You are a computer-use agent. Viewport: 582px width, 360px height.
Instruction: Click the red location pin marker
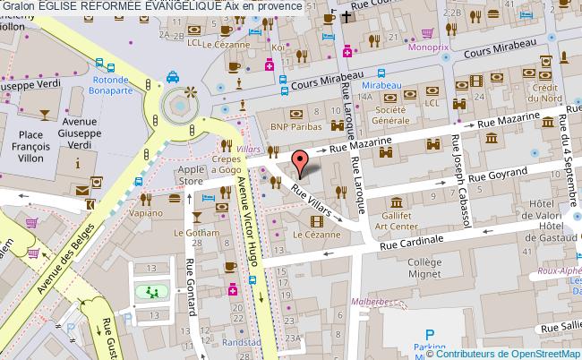303,161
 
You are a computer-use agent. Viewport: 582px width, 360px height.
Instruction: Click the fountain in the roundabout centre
178,108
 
